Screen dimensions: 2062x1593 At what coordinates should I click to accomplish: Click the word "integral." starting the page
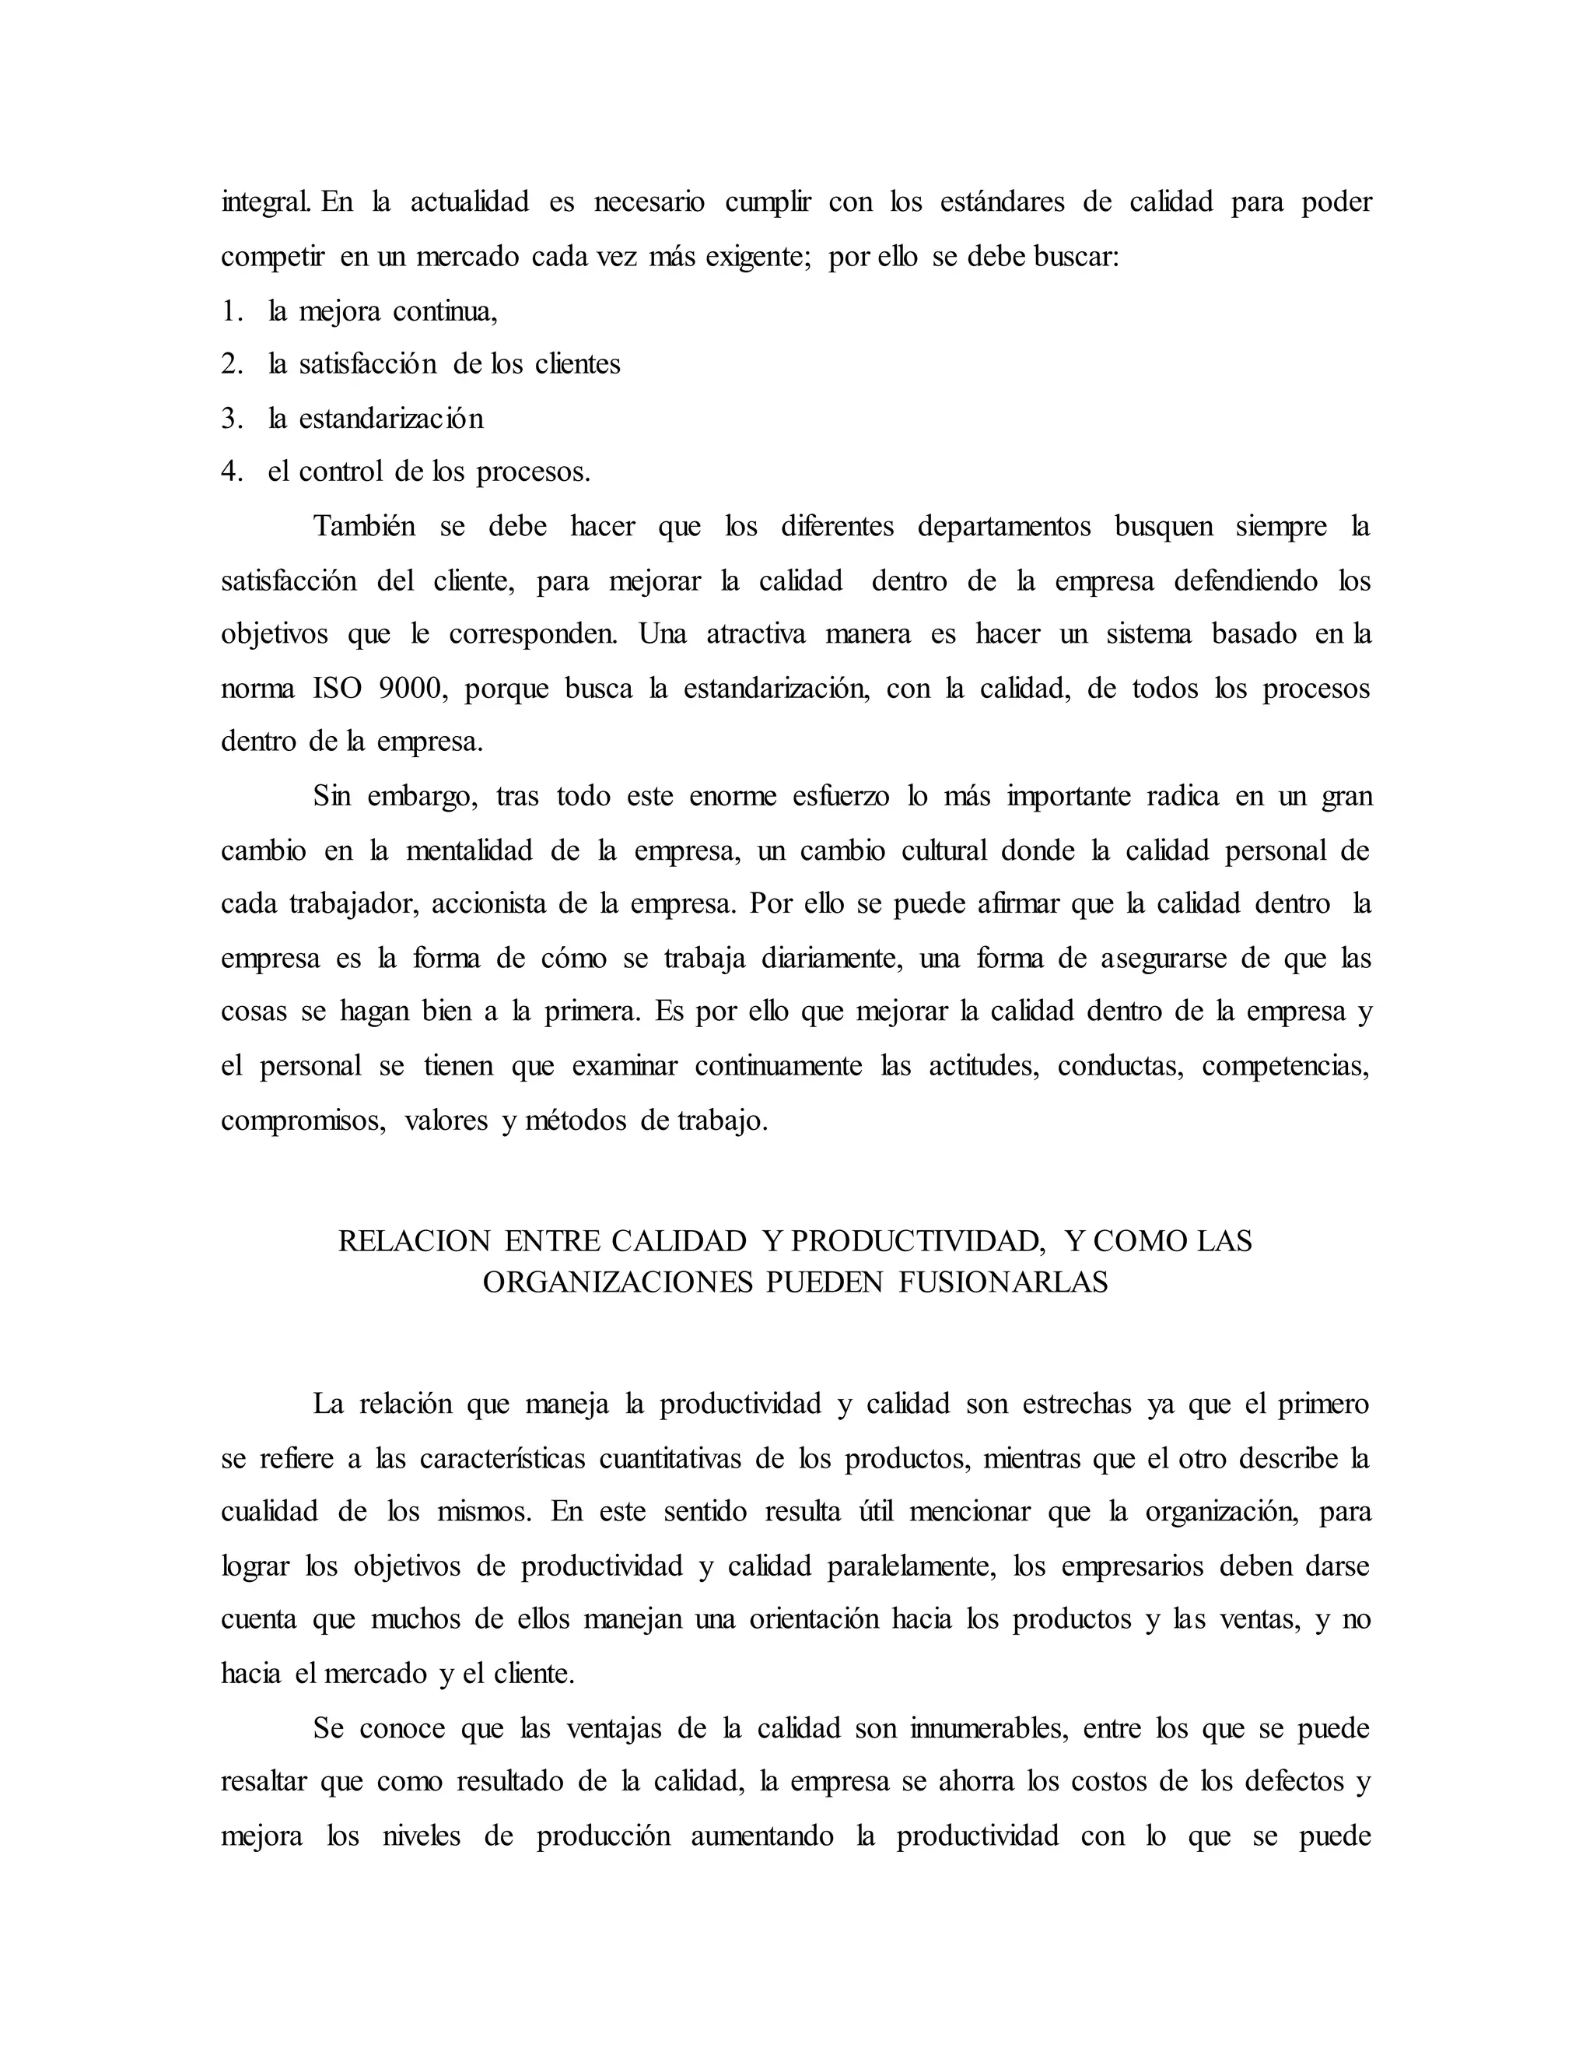coord(266,202)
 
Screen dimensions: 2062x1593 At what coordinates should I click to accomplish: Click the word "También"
coord(364,526)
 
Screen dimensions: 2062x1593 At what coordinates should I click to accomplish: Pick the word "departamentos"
coord(1004,526)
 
